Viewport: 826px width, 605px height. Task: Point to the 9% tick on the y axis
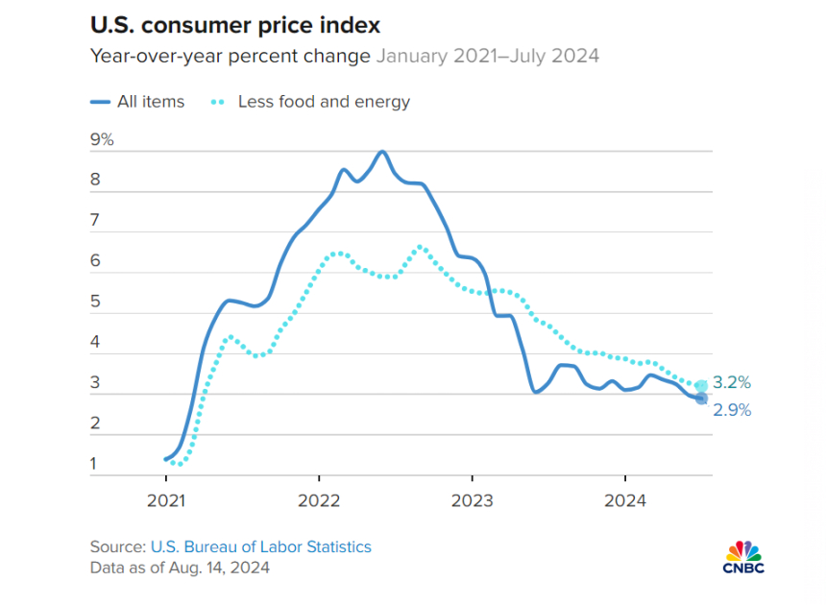point(102,140)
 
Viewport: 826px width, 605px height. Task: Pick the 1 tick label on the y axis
point(94,465)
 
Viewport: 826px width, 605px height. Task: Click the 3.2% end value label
point(732,382)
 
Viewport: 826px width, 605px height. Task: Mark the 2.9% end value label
point(732,410)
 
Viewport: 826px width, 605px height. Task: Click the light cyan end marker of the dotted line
point(701,386)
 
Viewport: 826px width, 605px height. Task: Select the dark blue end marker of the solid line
point(701,399)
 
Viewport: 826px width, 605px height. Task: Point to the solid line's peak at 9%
point(382,152)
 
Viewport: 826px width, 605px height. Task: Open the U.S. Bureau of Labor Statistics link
point(260,546)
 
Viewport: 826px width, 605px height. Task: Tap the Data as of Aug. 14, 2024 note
point(180,568)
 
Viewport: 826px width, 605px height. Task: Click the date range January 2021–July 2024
point(487,56)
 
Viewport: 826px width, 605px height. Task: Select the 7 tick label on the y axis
point(95,221)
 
